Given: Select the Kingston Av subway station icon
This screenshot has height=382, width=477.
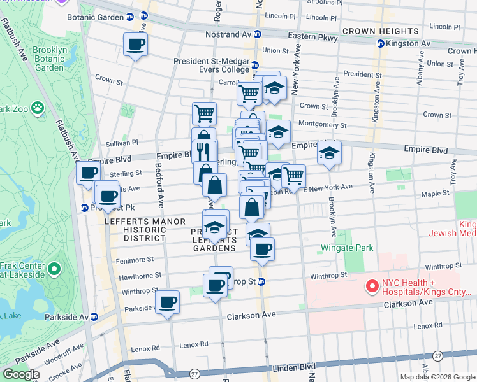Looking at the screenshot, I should (381, 44).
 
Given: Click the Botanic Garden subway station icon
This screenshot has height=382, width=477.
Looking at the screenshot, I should (144, 17).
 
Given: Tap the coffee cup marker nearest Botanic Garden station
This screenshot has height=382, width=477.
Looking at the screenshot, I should (135, 45).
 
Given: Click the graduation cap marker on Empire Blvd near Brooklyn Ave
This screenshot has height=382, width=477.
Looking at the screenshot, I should (329, 153).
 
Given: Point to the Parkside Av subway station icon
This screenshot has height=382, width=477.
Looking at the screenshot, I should (94, 316).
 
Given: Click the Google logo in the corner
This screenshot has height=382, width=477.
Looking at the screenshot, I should (21, 374).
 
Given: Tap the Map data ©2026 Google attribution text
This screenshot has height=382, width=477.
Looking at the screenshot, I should (437, 377).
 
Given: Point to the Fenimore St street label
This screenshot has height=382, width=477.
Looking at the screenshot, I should (134, 260).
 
